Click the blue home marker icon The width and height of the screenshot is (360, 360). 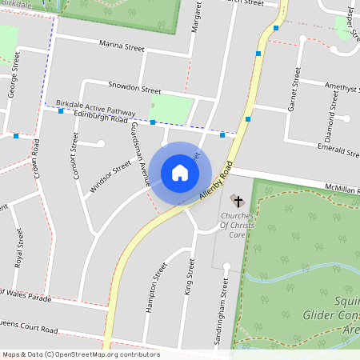(x=180, y=173)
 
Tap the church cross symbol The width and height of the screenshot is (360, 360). (x=238, y=199)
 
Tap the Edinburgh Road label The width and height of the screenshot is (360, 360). (x=100, y=118)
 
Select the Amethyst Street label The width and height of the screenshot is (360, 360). (x=335, y=86)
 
